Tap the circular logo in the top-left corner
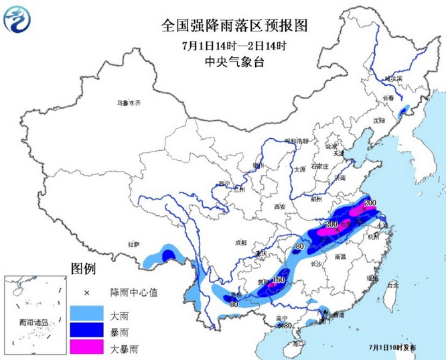click(18, 19)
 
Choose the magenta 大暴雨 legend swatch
click(86, 347)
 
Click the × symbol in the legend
click(86, 294)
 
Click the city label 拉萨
click(135, 244)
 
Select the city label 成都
click(240, 242)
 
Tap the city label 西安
click(279, 206)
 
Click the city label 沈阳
click(380, 121)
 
